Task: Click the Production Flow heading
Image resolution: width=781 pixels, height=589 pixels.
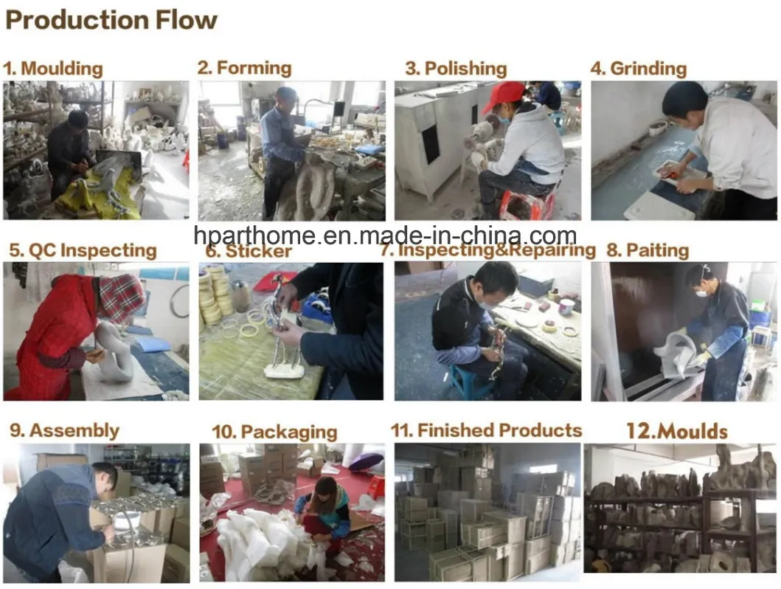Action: [111, 20]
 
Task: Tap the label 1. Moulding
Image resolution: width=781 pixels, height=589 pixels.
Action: [52, 69]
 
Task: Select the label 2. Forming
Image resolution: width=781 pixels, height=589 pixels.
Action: [244, 68]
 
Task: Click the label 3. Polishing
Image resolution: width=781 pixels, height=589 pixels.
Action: [456, 69]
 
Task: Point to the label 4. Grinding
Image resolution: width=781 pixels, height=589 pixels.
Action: [638, 69]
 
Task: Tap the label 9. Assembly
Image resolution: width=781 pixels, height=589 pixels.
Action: [64, 430]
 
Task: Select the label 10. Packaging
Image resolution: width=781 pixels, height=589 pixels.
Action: [274, 432]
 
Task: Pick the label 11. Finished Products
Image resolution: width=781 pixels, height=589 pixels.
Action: [486, 430]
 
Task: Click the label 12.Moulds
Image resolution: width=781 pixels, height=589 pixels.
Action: [676, 431]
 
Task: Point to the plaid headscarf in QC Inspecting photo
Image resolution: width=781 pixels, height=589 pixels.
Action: [121, 297]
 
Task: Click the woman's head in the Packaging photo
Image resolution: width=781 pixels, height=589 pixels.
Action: [323, 490]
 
